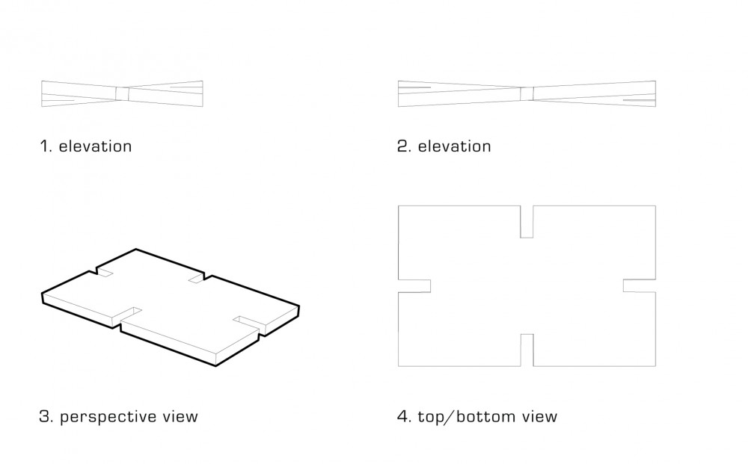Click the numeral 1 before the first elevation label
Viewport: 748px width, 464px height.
45,146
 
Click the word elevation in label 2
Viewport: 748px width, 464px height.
454,146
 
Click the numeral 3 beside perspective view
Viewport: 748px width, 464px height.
45,417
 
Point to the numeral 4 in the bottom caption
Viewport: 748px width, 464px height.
403,417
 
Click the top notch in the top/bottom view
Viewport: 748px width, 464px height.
527,221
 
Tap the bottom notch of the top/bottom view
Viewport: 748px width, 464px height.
527,350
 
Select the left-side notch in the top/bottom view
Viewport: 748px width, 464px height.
414,286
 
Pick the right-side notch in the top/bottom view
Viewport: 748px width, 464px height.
640,286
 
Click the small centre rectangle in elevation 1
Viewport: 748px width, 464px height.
122,94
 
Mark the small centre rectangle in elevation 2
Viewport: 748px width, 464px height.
527,94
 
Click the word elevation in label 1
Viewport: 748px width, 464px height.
95,146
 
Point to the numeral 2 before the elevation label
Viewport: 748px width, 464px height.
404,146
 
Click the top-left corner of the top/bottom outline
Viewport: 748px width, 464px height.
399,205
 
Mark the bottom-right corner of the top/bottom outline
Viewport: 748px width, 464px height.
656,366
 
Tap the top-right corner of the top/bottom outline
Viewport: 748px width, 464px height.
656,205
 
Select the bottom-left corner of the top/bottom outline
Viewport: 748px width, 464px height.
399,366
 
